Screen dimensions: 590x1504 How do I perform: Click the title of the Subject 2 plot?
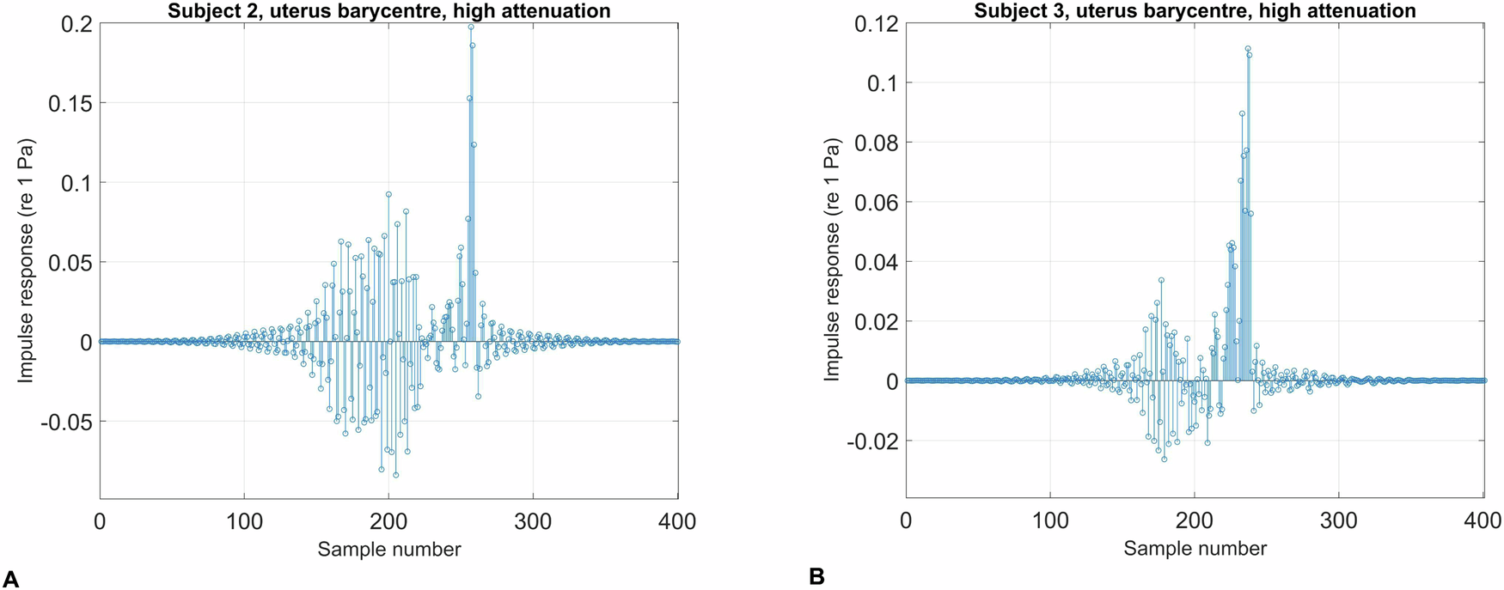[388, 11]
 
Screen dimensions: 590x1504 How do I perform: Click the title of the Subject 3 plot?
[1195, 11]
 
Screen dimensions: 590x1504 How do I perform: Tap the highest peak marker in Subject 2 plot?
[471, 27]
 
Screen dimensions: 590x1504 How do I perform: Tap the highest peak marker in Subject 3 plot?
[1248, 49]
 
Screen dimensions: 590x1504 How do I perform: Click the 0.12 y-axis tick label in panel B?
[877, 24]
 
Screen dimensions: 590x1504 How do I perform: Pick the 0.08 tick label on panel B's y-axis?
[877, 143]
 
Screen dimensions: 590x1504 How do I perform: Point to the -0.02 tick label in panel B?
[873, 441]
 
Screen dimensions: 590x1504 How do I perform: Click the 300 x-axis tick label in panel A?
[533, 520]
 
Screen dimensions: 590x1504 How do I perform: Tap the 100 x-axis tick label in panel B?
[1050, 520]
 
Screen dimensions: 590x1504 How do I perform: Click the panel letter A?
[10, 578]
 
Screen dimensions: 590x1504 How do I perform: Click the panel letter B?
[816, 576]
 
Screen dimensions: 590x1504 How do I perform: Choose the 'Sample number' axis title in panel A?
[388, 549]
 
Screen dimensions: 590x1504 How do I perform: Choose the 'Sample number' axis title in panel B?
[1195, 549]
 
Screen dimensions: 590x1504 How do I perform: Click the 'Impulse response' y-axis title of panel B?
[831, 259]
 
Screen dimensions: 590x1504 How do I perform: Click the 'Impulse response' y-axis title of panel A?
[26, 259]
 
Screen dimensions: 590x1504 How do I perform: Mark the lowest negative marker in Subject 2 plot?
[396, 475]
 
